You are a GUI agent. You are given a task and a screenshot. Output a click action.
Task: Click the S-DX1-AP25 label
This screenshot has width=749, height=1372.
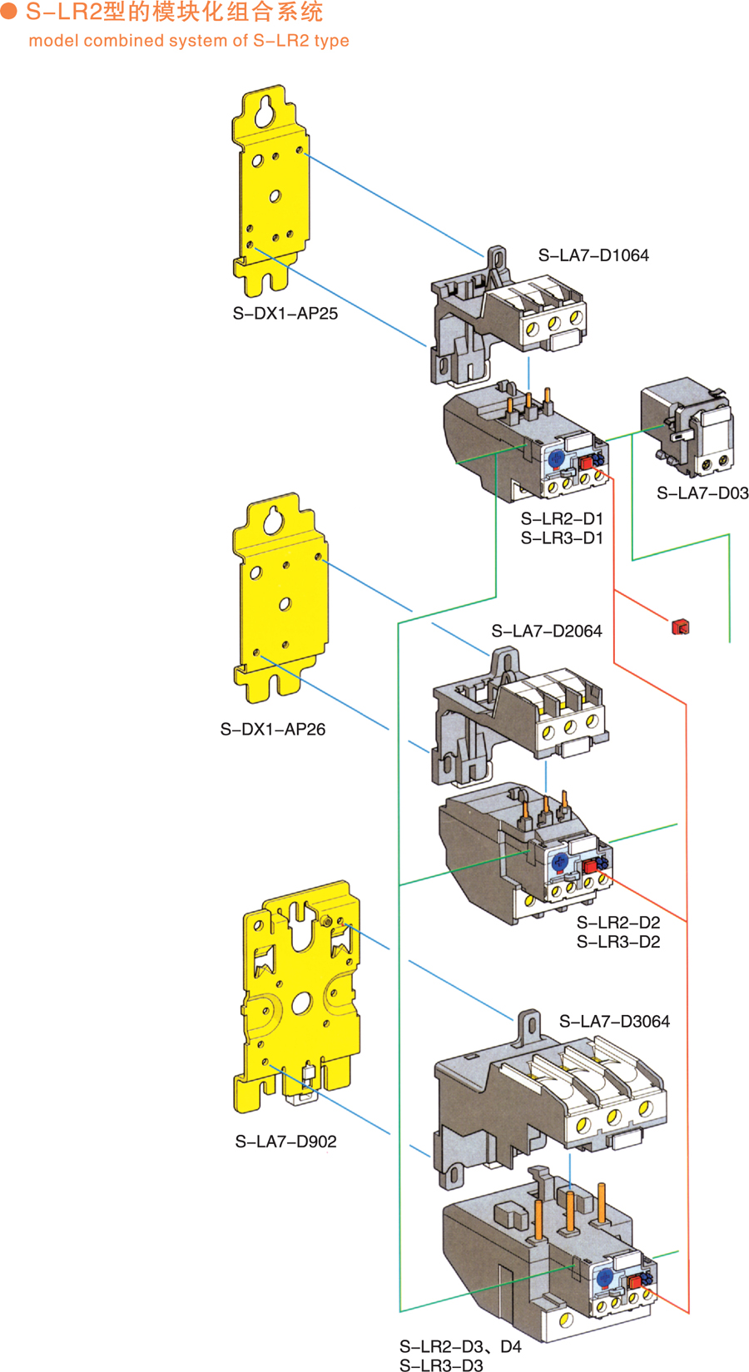[285, 314]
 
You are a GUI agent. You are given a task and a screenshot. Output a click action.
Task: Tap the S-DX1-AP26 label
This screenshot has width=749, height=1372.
[273, 730]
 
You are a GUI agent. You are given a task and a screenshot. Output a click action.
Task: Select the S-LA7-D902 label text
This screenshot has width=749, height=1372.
[285, 1142]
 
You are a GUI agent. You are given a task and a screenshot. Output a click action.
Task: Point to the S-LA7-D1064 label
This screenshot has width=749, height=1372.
[593, 255]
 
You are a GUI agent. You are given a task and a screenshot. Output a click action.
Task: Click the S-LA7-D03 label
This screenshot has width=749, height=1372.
[702, 493]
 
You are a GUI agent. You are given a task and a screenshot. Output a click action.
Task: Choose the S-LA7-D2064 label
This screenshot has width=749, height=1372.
[547, 632]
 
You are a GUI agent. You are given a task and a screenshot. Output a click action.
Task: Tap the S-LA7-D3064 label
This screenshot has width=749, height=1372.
[614, 1022]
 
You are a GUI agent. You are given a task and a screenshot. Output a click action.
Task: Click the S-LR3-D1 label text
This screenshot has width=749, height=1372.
[562, 538]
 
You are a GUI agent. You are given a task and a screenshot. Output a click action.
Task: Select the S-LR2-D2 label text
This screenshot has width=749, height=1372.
[618, 923]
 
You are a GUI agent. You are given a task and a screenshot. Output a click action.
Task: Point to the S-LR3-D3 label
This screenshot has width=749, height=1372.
[441, 1365]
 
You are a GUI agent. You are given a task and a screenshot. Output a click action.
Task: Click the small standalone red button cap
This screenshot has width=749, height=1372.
[680, 627]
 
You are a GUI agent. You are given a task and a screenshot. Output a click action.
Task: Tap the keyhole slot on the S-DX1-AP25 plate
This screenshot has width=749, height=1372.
[265, 111]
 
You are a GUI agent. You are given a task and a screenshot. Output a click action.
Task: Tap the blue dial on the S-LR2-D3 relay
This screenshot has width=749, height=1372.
[605, 1277]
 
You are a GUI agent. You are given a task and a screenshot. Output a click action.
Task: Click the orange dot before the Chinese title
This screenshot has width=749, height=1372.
[9, 12]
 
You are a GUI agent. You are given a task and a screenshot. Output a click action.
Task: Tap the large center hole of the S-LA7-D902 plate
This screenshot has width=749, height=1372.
[301, 1002]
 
